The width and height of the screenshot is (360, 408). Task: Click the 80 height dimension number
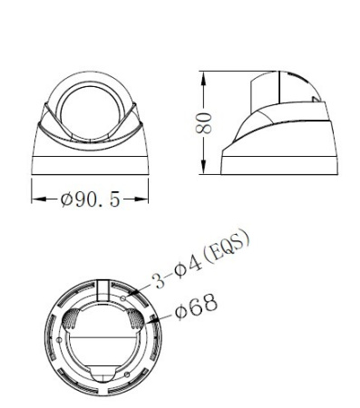208,118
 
